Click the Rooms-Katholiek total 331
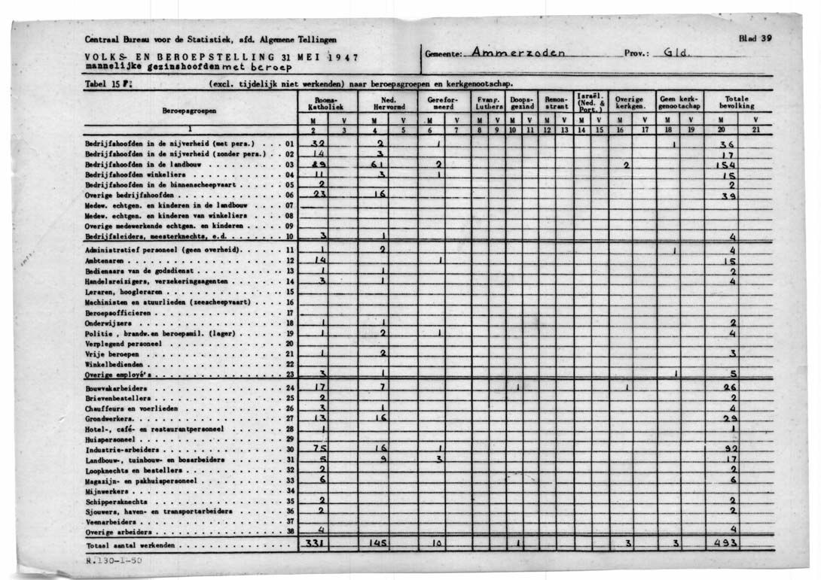tap(313, 544)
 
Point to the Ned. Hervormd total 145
tap(379, 544)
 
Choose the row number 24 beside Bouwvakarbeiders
tap(290, 388)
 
